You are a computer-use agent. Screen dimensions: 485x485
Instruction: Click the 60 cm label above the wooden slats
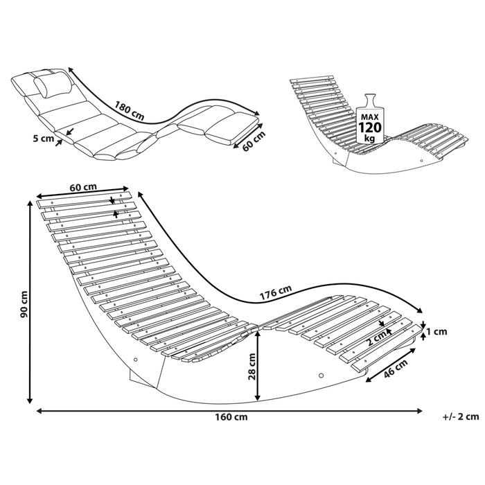point(83,186)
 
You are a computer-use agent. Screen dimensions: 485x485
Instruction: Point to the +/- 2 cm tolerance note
point(459,417)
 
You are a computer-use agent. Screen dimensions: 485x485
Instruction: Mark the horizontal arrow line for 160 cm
point(229,410)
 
